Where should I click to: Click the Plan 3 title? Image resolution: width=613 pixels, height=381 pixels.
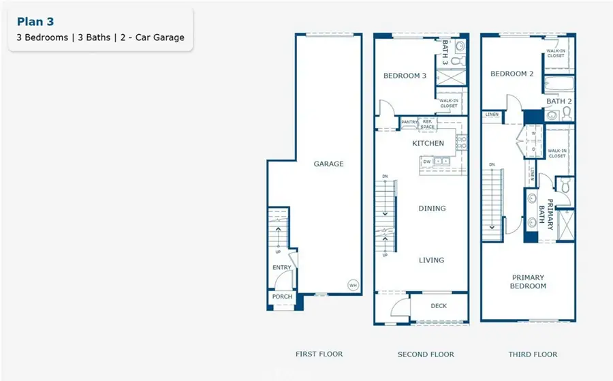click(x=35, y=22)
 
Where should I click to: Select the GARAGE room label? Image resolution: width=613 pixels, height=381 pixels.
click(x=328, y=164)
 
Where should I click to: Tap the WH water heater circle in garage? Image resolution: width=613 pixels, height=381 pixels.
click(x=353, y=285)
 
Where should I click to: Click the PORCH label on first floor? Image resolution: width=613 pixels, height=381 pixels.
click(x=282, y=296)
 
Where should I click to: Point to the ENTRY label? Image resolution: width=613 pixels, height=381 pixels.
click(x=282, y=268)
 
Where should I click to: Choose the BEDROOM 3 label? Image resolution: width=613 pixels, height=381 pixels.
click(x=405, y=76)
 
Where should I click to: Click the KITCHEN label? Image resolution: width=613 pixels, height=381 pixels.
click(x=428, y=144)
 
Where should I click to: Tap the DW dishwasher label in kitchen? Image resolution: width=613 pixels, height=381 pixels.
click(x=426, y=162)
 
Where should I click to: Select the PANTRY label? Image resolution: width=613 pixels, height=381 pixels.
click(x=409, y=122)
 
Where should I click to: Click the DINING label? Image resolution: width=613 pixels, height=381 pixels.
click(x=432, y=208)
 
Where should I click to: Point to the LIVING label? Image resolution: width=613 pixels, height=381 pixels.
click(x=432, y=260)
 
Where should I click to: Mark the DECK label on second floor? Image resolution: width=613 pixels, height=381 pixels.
click(x=439, y=306)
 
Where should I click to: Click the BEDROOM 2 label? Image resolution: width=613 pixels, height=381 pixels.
click(x=512, y=74)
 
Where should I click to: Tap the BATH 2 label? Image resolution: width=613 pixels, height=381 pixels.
click(x=559, y=101)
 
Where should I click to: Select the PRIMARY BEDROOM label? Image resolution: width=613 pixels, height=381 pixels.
click(x=528, y=281)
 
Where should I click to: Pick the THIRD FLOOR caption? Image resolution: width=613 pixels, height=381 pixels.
click(x=533, y=354)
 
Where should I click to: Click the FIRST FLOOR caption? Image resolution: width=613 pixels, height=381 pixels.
click(x=319, y=354)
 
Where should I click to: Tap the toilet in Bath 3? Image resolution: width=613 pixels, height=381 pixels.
click(x=458, y=61)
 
